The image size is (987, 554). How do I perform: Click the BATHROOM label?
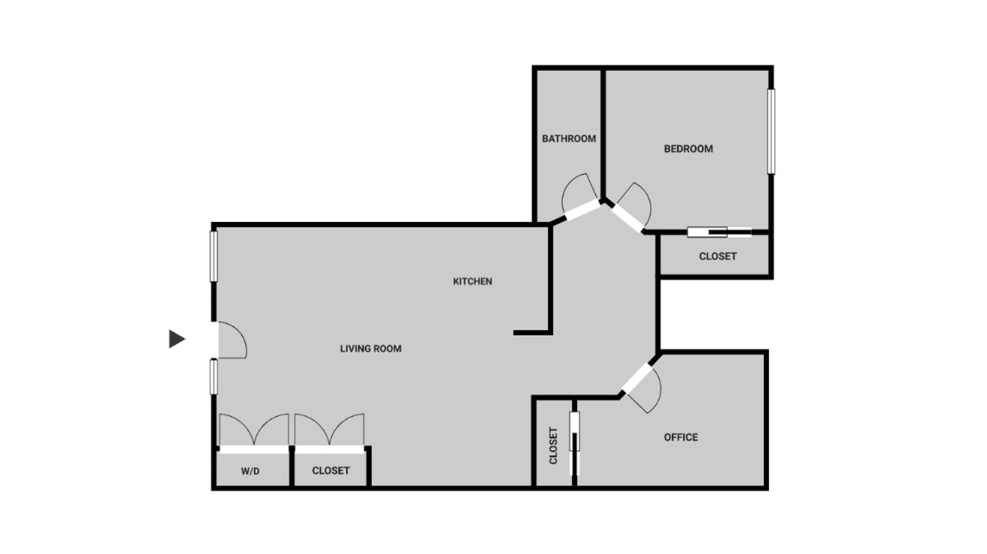pos(569,139)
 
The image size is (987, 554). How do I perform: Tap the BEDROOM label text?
pos(688,149)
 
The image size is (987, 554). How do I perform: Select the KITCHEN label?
pos(472,282)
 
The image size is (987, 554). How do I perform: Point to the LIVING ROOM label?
pos(371,349)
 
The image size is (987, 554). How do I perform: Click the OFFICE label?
pos(681,437)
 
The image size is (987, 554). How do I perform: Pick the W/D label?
pos(250,471)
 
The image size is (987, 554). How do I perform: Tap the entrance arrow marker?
pos(177,339)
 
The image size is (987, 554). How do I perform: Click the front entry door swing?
pos(231,340)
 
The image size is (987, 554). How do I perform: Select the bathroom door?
pos(580,198)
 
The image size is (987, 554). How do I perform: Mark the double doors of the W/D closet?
pos(254,432)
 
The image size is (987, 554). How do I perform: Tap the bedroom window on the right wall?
pos(771,131)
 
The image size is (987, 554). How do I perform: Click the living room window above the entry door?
pos(214,256)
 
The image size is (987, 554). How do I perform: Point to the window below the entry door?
pos(214,376)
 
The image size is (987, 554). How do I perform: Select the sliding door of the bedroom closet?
pos(719,232)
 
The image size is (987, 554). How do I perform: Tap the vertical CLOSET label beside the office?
pos(553,446)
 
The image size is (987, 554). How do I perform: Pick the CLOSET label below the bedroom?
pos(718,257)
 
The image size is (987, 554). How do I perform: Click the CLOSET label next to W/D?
pos(331,471)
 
